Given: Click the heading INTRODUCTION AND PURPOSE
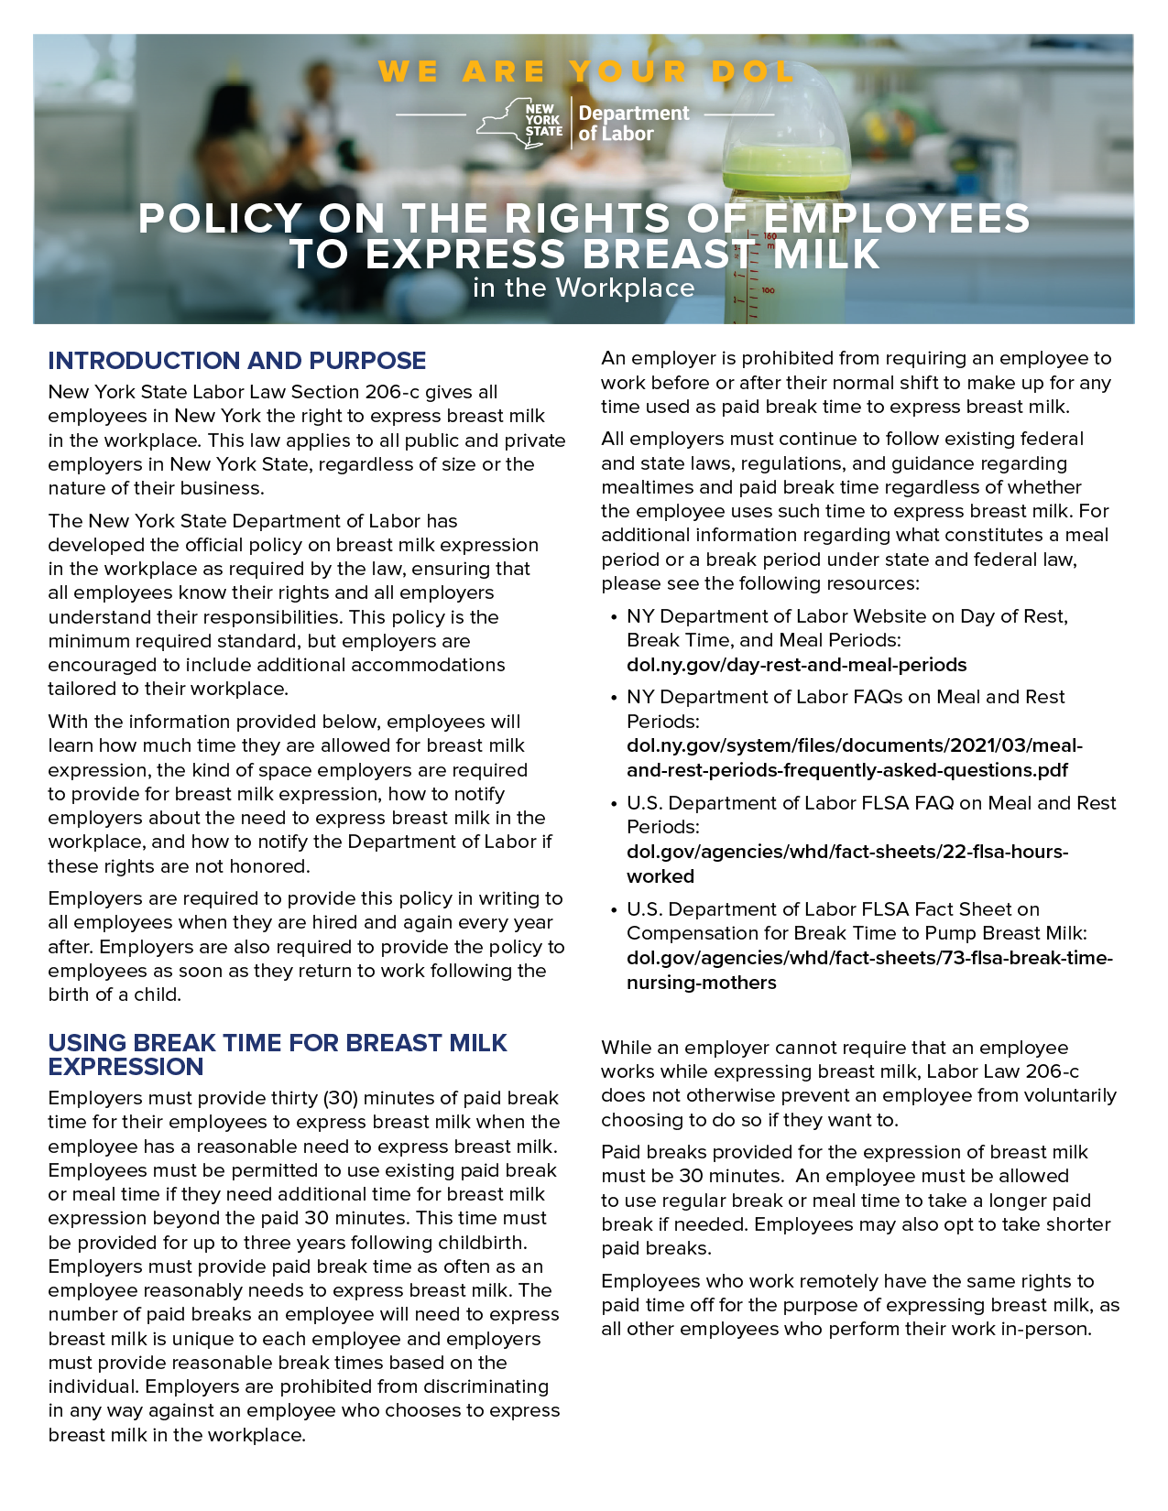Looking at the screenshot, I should click(237, 361).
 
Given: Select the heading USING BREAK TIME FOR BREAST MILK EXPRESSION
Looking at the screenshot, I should click(277, 1055).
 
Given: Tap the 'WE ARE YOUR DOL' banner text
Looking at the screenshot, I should click(586, 71).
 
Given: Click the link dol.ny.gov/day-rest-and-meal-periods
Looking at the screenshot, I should click(796, 665).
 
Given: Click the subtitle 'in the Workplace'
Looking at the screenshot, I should click(584, 288).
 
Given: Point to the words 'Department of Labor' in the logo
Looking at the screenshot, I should click(634, 124).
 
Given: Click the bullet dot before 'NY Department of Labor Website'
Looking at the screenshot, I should click(613, 617).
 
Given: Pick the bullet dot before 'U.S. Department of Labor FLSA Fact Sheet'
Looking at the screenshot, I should click(613, 910).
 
